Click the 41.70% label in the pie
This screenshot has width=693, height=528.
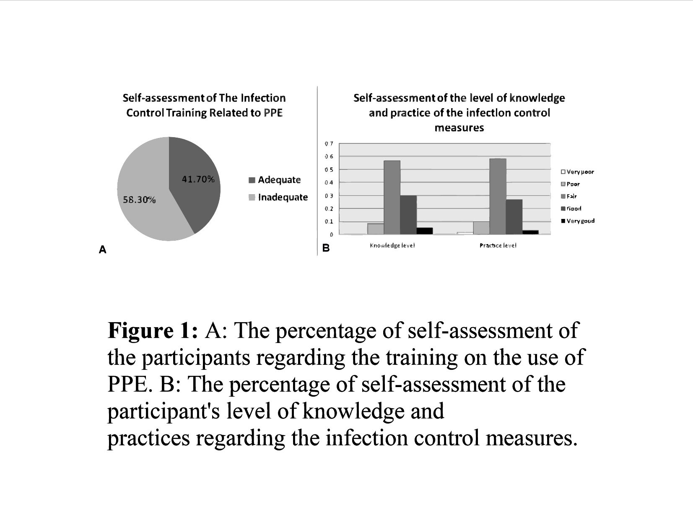click(198, 179)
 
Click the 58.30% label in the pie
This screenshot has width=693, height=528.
click(139, 200)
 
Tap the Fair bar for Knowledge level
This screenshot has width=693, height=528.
click(392, 197)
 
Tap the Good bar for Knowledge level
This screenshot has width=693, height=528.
click(408, 215)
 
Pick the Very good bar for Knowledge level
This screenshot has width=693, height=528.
click(424, 231)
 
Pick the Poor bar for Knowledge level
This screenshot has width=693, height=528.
click(376, 229)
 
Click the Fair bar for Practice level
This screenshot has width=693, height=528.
click(498, 196)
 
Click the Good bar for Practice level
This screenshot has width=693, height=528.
click(514, 216)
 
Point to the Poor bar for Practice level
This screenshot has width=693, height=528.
click(481, 228)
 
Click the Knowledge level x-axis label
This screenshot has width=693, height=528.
click(392, 245)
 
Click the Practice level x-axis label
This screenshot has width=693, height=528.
click(498, 245)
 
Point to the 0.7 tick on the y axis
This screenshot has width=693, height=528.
click(329, 144)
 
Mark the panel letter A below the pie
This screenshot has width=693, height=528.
click(103, 250)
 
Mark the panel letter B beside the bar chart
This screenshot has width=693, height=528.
click(326, 248)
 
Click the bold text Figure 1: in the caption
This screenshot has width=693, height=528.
click(152, 330)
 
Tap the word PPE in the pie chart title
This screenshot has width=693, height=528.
click(273, 113)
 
